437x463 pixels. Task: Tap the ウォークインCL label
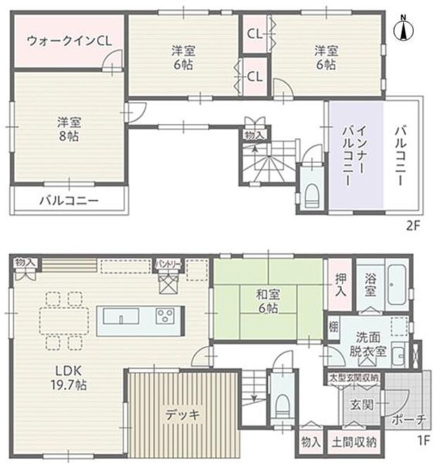click(x=68, y=40)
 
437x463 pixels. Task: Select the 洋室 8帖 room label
click(x=68, y=128)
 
